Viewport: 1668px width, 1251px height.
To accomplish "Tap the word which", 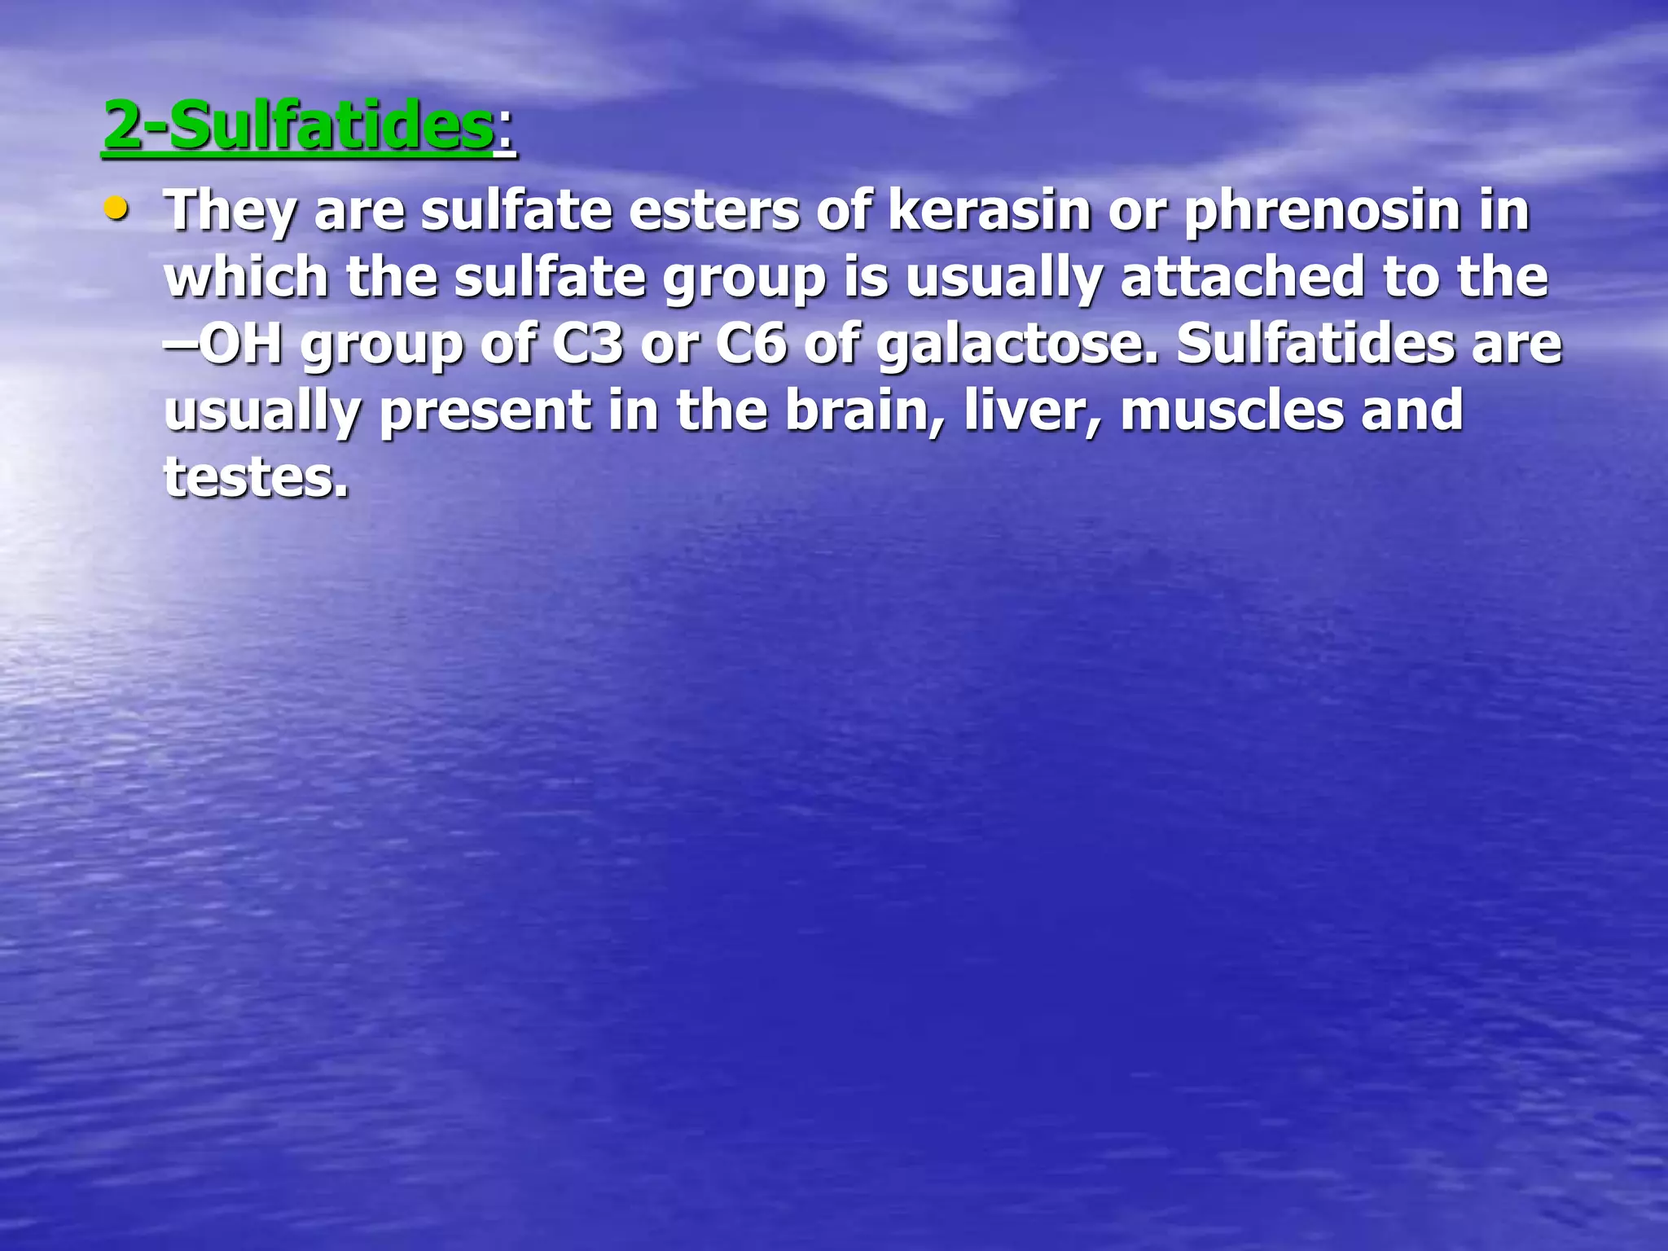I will pos(246,276).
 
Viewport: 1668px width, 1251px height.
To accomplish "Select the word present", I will pos(485,410).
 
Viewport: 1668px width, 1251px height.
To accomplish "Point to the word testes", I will pos(256,476).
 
